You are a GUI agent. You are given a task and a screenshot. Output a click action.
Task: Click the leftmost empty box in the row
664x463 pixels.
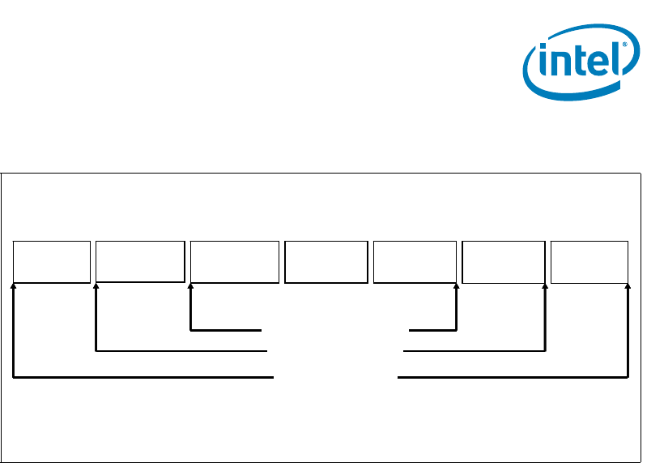tap(51, 261)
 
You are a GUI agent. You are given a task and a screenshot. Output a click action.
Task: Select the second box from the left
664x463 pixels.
tap(140, 261)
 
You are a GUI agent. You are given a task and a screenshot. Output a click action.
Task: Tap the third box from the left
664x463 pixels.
tap(234, 261)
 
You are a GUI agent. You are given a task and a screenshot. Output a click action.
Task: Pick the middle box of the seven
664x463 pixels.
tap(326, 261)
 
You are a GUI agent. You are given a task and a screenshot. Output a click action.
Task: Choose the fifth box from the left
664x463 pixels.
tap(415, 261)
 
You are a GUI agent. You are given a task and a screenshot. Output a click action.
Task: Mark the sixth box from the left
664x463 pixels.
tap(503, 261)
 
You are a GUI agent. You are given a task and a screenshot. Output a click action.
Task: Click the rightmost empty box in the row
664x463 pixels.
tap(590, 261)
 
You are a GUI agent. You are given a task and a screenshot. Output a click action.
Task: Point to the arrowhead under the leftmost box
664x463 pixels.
tap(14, 286)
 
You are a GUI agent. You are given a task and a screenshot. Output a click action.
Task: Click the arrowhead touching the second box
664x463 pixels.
tap(96, 285)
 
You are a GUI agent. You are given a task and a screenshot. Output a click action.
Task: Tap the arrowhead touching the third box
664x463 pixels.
tap(190, 286)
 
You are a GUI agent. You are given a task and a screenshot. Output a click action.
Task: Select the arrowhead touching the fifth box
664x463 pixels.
tap(457, 286)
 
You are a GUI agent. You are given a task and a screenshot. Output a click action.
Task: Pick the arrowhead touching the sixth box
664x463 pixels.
tap(546, 286)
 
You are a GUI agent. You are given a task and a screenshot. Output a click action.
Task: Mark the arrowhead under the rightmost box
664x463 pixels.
tap(629, 286)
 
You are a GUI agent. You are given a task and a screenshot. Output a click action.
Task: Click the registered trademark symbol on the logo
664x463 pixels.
tap(625, 45)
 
